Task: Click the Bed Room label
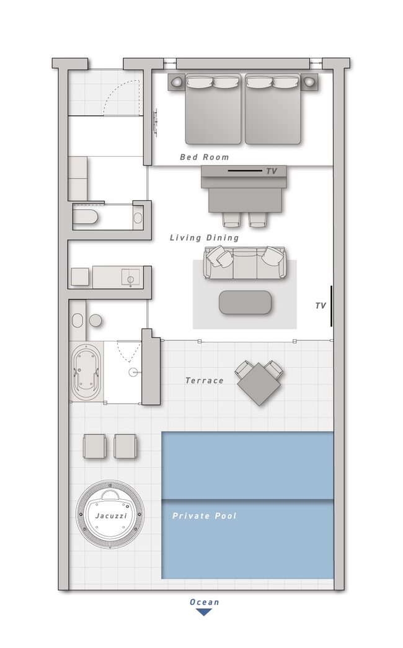[x=204, y=157]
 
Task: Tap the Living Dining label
[x=204, y=237]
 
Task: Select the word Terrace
[x=204, y=381]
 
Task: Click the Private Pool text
[x=204, y=516]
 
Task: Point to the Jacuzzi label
[x=111, y=516]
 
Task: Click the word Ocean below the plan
[x=204, y=601]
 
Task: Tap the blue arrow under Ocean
[x=204, y=612]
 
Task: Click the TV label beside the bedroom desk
[x=272, y=171]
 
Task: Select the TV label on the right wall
[x=321, y=306]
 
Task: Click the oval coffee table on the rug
[x=245, y=302]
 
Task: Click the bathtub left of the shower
[x=86, y=371]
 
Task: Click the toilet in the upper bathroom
[x=87, y=217]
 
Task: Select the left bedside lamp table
[x=176, y=81]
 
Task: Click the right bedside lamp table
[x=309, y=81]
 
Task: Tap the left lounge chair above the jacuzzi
[x=95, y=446]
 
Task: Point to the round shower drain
[x=133, y=372]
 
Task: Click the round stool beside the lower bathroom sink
[x=96, y=321]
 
